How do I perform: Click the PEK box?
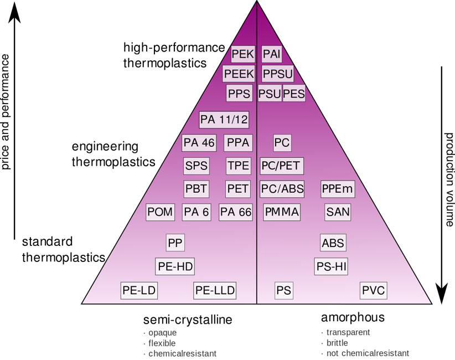[242, 54]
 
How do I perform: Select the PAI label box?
[272, 54]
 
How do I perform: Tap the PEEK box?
[239, 74]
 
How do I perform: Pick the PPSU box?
[278, 74]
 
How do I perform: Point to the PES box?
[294, 94]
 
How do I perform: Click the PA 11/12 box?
[224, 120]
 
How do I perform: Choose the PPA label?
[238, 143]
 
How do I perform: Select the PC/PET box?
[282, 166]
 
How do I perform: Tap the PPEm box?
[337, 189]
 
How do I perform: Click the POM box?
[161, 212]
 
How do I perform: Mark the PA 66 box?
[236, 212]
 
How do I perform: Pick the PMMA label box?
[282, 212]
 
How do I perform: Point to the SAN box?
[338, 212]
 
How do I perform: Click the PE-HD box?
[175, 266]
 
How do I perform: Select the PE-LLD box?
[215, 290]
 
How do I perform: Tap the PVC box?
[373, 290]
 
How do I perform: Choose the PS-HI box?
[332, 266]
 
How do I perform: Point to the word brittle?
[337, 343]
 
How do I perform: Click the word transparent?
[348, 333]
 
